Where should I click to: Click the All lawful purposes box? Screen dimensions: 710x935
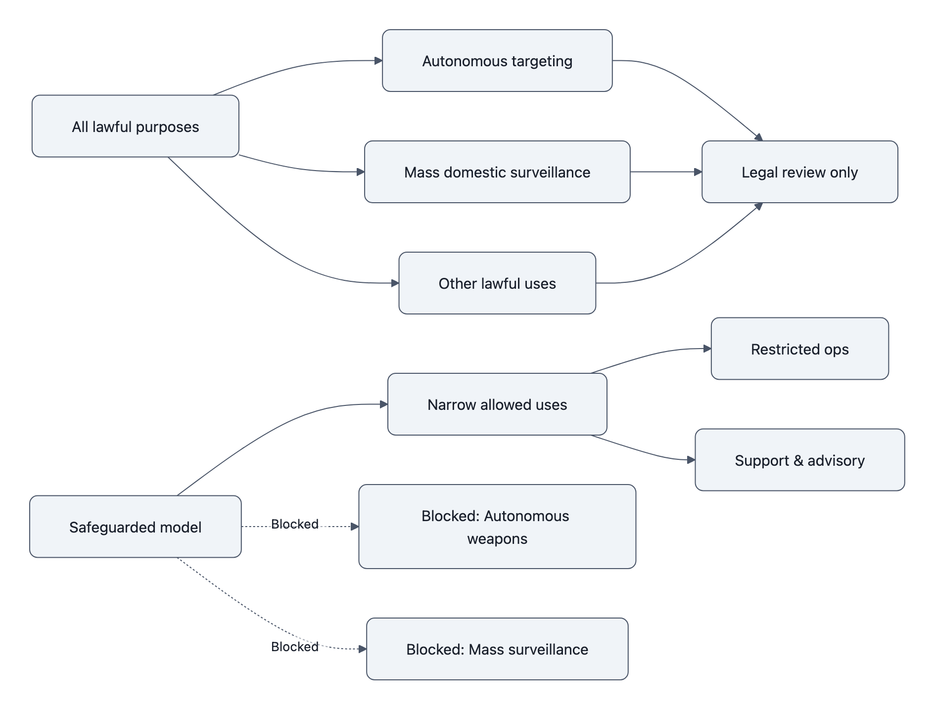(135, 127)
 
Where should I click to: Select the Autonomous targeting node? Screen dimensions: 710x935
(497, 61)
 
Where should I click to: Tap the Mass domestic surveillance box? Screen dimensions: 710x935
(497, 172)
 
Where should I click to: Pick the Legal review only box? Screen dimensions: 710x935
(799, 172)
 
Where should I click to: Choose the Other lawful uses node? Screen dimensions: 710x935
(497, 283)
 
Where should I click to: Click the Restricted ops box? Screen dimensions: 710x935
(799, 349)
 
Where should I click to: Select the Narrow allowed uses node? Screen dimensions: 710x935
(497, 404)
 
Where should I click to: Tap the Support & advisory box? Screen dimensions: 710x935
(799, 460)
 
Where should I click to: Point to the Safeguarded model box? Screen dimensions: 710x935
(135, 527)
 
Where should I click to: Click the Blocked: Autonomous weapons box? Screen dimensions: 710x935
(497, 527)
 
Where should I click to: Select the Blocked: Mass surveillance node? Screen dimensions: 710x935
(497, 649)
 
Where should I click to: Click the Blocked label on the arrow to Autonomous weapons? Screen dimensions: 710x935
(294, 524)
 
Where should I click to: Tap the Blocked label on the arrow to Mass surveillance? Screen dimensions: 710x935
(294, 647)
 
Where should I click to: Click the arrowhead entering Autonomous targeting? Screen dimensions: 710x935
(378, 61)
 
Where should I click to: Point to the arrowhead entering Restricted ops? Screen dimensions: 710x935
(707, 349)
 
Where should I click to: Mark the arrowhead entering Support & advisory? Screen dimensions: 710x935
(691, 460)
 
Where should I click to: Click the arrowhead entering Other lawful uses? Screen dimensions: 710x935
(395, 283)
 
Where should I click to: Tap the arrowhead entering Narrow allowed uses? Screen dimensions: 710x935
(383, 404)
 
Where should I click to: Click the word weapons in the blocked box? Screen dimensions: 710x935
(497, 539)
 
